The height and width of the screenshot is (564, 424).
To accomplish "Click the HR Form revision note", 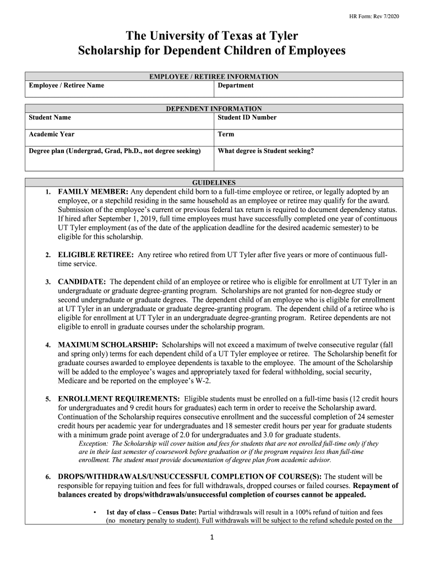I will coord(374,17).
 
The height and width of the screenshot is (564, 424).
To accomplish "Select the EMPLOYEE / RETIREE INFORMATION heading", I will coord(214,77).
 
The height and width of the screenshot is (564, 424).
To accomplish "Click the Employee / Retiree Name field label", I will coord(66,85).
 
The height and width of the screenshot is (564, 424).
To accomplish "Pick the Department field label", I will coord(236,85).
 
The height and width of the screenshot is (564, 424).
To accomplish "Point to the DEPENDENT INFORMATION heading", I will coord(214,109).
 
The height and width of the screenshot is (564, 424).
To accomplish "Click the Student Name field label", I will coord(50,117).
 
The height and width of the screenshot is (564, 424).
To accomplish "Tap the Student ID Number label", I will coord(247,117).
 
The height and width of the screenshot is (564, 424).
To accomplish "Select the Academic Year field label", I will coord(51,134).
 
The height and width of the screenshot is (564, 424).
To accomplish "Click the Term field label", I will coord(226,134).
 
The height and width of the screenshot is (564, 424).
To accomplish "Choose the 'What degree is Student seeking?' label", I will coord(266,150).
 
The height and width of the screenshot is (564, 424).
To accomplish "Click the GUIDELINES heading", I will coord(214,182).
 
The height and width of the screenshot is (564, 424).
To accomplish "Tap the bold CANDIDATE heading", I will coord(82,281).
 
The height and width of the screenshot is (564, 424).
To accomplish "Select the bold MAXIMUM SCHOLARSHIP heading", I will coord(108,345).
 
